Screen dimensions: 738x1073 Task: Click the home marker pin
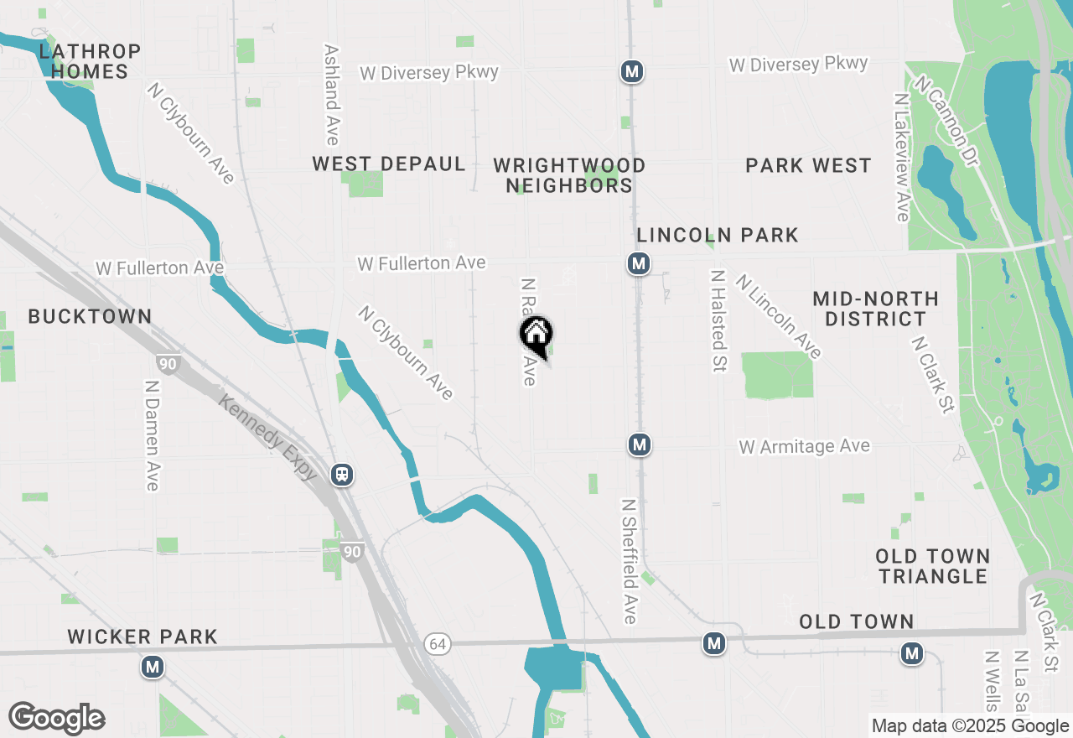[536, 336]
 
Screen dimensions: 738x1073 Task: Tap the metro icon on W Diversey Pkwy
[632, 72]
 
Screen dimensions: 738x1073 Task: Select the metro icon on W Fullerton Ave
[639, 264]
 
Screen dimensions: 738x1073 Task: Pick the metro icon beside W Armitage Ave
[640, 444]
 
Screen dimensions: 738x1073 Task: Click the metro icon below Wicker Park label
[153, 668]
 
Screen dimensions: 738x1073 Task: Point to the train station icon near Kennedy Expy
[342, 475]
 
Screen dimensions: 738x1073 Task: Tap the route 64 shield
[436, 644]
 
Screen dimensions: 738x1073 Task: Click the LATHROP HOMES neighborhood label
[90, 61]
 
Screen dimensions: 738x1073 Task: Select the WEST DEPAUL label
[389, 164]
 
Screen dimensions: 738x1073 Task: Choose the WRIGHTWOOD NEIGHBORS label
[569, 175]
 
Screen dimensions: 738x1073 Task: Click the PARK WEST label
[808, 165]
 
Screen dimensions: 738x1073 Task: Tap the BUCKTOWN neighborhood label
[90, 316]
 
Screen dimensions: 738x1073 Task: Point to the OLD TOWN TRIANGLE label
[933, 566]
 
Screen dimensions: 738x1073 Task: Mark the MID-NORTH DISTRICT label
[875, 309]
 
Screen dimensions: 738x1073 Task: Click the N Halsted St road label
[718, 321]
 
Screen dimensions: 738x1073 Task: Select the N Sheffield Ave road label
[630, 562]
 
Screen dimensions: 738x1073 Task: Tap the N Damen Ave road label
[152, 436]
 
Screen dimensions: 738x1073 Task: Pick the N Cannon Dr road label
[946, 121]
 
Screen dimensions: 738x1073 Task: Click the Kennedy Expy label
[268, 438]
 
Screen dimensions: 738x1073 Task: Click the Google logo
[56, 719]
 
